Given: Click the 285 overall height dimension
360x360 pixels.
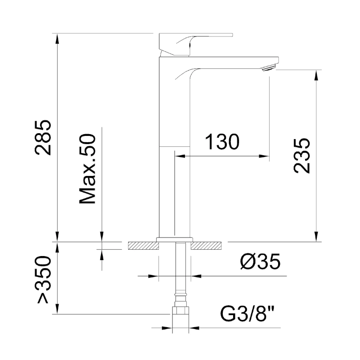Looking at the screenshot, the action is [x=43, y=138].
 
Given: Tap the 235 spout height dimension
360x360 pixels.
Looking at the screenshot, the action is [x=302, y=156].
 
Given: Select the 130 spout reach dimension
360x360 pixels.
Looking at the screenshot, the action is [x=222, y=142].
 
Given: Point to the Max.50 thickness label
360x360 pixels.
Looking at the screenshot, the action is [x=87, y=169].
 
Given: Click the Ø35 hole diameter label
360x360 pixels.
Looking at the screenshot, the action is [x=261, y=261].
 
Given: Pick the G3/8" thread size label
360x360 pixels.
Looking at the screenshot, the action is [x=247, y=312].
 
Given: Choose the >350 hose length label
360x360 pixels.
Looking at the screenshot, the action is [x=43, y=279].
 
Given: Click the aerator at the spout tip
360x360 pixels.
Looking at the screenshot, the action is [x=269, y=68].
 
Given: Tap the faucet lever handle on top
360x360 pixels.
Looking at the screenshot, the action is [x=196, y=45].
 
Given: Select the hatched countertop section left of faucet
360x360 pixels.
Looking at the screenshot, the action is [x=144, y=246].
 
